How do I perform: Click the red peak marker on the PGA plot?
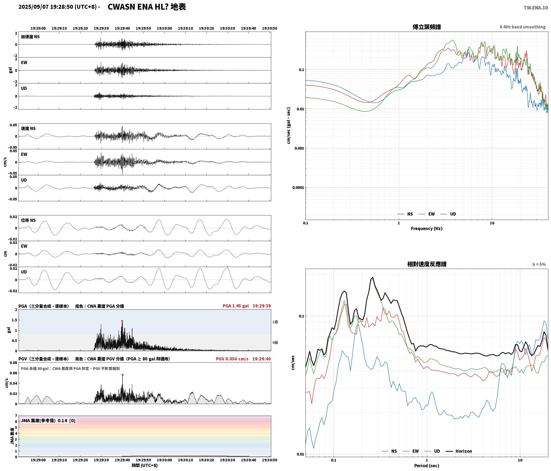point(122,321)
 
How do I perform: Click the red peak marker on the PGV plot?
point(123,375)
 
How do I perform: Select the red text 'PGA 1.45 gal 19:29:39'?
point(247,306)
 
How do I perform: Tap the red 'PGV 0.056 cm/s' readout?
point(232,359)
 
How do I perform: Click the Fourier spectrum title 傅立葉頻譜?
point(427,27)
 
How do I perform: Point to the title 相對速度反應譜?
point(427,264)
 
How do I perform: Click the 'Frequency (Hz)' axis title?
point(427,228)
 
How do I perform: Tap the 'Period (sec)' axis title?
point(427,465)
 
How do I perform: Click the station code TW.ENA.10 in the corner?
point(536,8)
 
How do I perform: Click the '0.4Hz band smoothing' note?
point(522,27)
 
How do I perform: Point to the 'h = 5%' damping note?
point(539,264)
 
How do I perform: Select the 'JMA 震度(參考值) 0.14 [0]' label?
point(48,420)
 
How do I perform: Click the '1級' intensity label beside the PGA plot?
point(275,322)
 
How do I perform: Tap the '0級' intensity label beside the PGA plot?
point(275,343)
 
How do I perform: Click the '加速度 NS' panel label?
point(30,37)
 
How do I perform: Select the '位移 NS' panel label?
point(28,220)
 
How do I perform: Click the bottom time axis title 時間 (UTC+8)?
point(145,465)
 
